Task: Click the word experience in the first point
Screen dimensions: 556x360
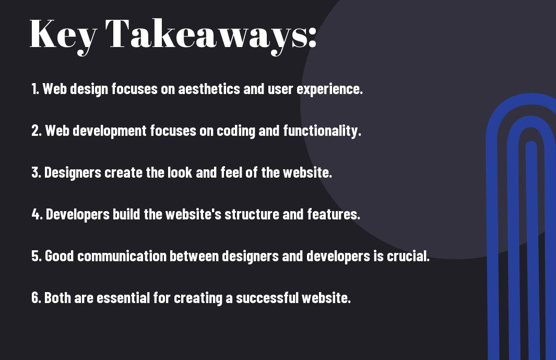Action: pyautogui.click(x=329, y=89)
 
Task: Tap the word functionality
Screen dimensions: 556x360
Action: pyautogui.click(x=322, y=131)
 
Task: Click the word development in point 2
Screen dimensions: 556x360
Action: pyautogui.click(x=110, y=131)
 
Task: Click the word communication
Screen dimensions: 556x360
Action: pyautogui.click(x=122, y=256)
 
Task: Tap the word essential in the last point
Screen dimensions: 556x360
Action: pyautogui.click(x=123, y=297)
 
